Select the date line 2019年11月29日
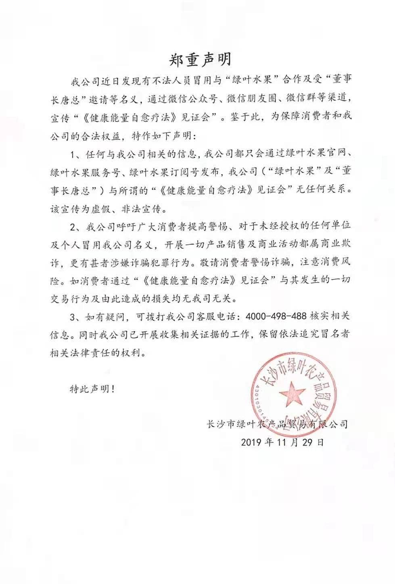pyautogui.click(x=282, y=442)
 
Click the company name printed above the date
pyautogui.click(x=277, y=424)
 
